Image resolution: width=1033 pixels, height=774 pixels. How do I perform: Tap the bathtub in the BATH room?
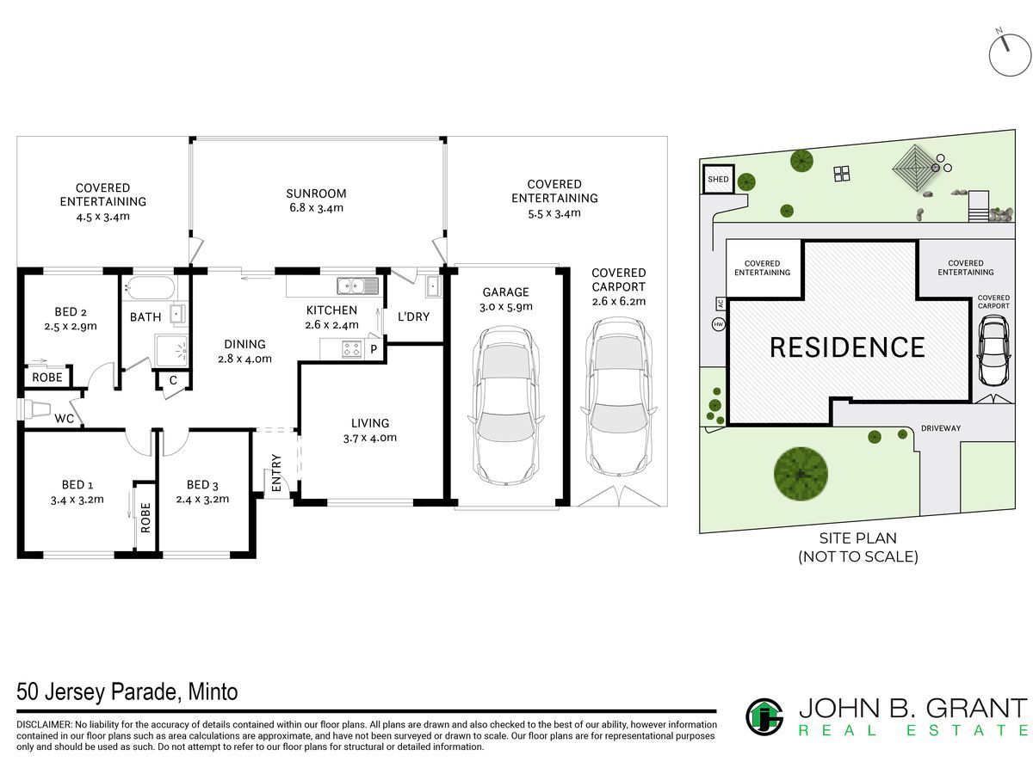pyautogui.click(x=149, y=287)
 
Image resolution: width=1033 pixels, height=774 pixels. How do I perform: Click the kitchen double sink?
pyautogui.click(x=357, y=286)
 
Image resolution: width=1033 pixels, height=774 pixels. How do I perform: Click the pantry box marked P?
pyautogui.click(x=374, y=349)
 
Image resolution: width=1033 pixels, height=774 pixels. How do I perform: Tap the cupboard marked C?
pyautogui.click(x=173, y=380)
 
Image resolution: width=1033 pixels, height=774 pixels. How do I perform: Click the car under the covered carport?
pyautogui.click(x=618, y=397)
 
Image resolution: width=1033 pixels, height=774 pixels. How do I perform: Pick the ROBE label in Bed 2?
pyautogui.click(x=47, y=378)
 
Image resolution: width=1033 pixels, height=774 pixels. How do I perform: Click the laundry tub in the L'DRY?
pyautogui.click(x=433, y=286)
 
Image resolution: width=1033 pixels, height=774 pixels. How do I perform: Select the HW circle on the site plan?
pyautogui.click(x=718, y=324)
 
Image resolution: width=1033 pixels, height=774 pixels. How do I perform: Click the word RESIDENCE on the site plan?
pyautogui.click(x=847, y=347)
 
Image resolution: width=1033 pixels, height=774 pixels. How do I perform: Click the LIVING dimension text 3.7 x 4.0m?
pyautogui.click(x=370, y=438)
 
